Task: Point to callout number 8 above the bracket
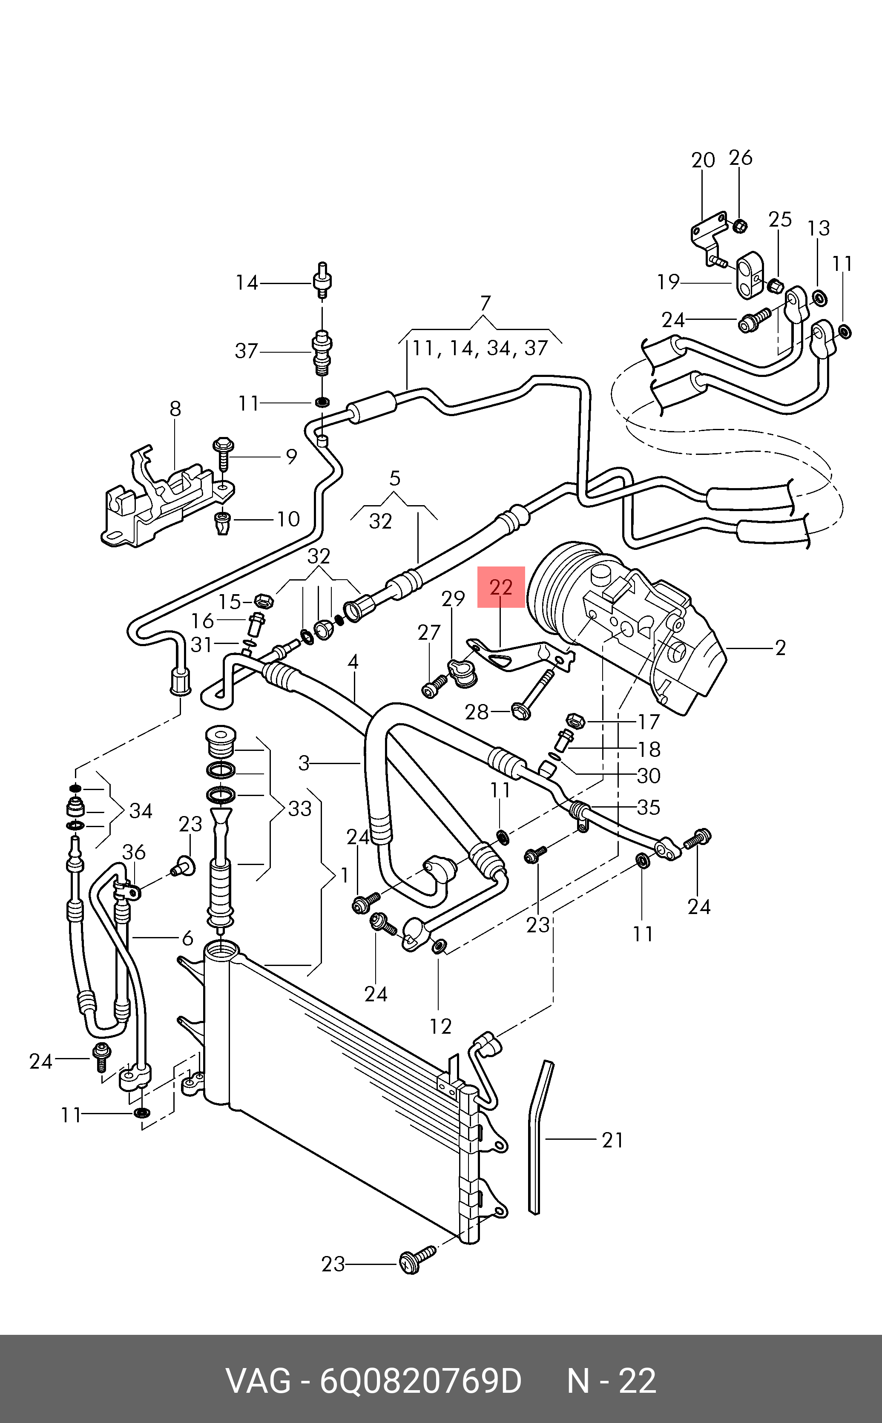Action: pos(175,409)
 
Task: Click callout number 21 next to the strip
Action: pos(612,1140)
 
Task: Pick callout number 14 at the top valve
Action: pos(247,283)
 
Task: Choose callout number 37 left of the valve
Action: pos(246,351)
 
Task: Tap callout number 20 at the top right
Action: pos(703,161)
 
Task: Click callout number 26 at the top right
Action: pos(741,158)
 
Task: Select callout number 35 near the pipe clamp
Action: pos(649,807)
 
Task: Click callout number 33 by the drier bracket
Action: pos(300,809)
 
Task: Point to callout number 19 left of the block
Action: pos(669,282)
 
